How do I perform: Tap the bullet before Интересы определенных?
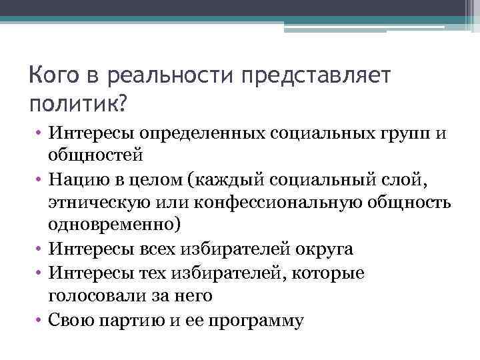point(39,137)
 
